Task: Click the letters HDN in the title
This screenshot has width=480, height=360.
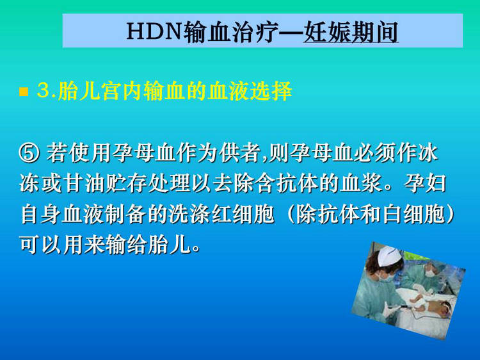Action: (x=154, y=31)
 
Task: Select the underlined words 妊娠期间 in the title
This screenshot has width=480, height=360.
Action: (x=351, y=31)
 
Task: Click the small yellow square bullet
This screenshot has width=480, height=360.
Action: (x=24, y=92)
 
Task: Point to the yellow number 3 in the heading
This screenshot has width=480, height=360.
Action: (x=43, y=90)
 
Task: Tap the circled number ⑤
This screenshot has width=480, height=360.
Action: (x=29, y=153)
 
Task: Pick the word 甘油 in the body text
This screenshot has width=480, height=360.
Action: (x=84, y=183)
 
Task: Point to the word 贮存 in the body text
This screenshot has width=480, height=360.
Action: (x=127, y=183)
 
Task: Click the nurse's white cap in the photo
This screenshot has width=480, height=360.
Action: (x=388, y=255)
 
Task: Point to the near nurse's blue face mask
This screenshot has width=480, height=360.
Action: (x=387, y=278)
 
